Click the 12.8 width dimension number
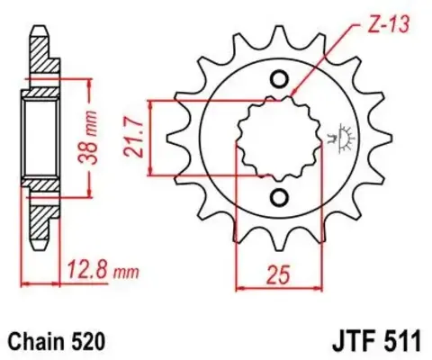(86, 265)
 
